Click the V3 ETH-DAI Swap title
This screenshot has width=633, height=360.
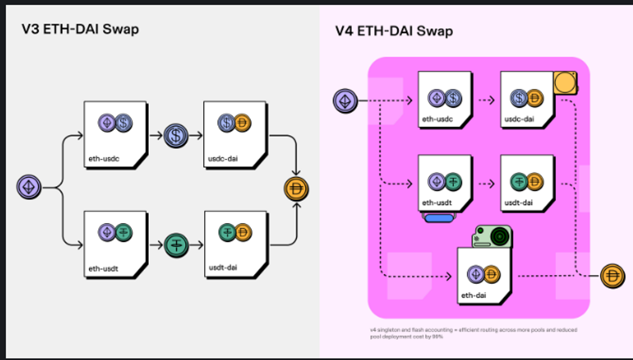pos(80,29)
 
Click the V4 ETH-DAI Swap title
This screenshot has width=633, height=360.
pos(393,31)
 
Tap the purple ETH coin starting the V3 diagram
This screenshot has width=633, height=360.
pos(29,187)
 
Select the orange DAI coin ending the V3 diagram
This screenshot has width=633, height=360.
pos(296,189)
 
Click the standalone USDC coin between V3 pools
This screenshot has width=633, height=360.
pos(176,136)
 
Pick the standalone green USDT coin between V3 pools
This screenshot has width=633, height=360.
pos(176,245)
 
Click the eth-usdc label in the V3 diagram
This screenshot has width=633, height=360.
pos(103,158)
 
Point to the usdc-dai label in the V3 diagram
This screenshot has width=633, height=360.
pos(222,158)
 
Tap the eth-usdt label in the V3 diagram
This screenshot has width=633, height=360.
pos(103,269)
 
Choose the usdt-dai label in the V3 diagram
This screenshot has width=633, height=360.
pos(223,268)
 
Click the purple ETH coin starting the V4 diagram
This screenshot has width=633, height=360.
pos(345,101)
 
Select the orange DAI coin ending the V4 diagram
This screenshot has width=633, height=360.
pos(613,276)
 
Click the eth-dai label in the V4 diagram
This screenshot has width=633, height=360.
pos(474,296)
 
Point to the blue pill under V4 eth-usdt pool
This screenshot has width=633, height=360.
pos(439,218)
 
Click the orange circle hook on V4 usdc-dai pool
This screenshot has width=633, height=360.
pos(565,83)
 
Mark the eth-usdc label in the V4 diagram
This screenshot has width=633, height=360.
pos(437,119)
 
